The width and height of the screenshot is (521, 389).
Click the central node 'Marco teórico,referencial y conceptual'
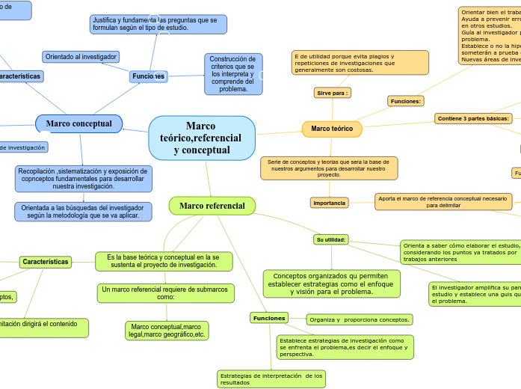[x=202, y=138]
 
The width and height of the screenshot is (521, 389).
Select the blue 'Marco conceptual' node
[x=78, y=123]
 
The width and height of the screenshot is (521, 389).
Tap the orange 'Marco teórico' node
[x=332, y=129]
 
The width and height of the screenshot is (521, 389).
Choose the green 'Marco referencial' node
[x=212, y=206]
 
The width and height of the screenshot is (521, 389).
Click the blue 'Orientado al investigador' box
[x=81, y=57]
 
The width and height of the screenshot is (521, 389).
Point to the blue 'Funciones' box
[x=147, y=76]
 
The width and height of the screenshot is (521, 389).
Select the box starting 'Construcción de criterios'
[x=232, y=74]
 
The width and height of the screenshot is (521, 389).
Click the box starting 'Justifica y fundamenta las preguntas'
[x=158, y=25]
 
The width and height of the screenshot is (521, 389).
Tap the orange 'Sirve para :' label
[x=333, y=93]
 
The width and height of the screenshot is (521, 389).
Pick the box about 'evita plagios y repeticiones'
[x=360, y=64]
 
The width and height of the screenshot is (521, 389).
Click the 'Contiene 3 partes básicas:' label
[x=473, y=118]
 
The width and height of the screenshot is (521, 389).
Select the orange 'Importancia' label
[x=329, y=203]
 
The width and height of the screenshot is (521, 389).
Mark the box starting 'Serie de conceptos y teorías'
[x=329, y=168]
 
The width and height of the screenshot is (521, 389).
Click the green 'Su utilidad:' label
[x=330, y=239]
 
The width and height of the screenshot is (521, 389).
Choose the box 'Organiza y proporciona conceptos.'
[x=359, y=319]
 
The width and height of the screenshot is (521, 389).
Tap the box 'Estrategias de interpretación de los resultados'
[x=271, y=379]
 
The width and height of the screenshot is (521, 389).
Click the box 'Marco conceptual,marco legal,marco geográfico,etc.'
[x=166, y=331]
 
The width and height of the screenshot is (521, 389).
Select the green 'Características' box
[x=46, y=262]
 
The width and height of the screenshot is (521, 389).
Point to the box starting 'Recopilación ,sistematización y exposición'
[x=83, y=179]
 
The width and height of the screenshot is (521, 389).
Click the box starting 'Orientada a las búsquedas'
[x=83, y=212]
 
